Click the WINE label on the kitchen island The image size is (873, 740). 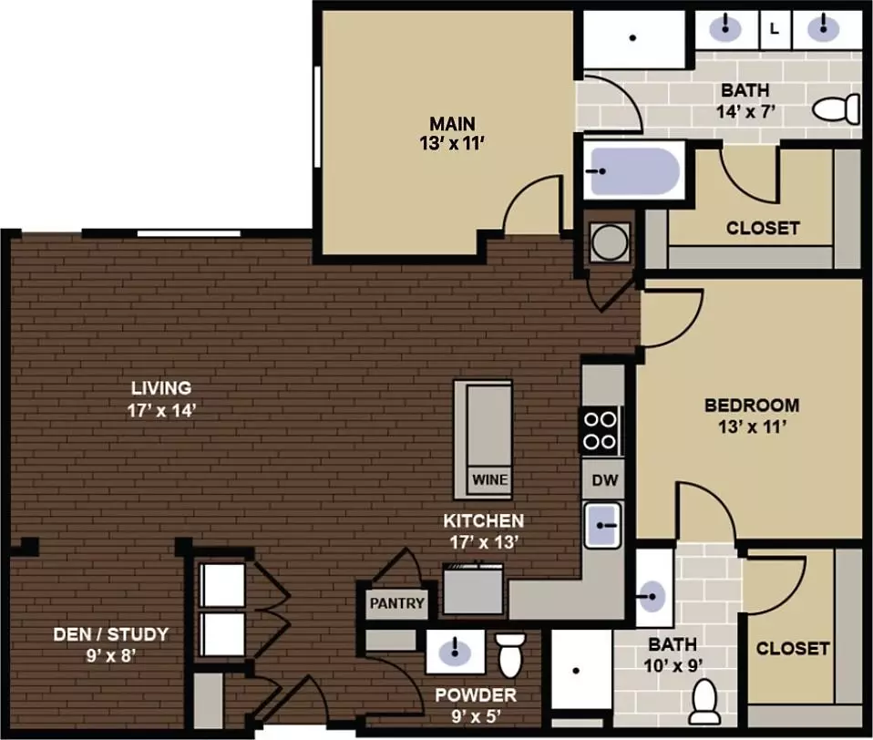[x=490, y=479]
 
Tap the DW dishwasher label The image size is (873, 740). [x=605, y=480]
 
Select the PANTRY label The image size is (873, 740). [x=397, y=603]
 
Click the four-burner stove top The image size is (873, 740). [x=601, y=430]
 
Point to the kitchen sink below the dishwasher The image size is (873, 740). [x=602, y=525]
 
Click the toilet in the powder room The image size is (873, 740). [x=511, y=655]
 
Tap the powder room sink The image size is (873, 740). [x=455, y=652]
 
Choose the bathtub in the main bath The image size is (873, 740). [x=634, y=171]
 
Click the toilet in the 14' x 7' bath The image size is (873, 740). [x=837, y=108]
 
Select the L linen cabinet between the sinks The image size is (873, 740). [x=775, y=29]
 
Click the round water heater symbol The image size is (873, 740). [x=610, y=242]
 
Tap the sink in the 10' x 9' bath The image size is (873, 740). [x=652, y=597]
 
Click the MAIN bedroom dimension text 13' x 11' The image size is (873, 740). [x=452, y=144]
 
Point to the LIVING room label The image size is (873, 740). [x=161, y=387]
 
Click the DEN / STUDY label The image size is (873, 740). [x=111, y=634]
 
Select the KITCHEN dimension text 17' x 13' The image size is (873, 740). [x=484, y=541]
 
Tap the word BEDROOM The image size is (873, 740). [x=752, y=405]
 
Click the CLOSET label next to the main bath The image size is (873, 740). [x=763, y=228]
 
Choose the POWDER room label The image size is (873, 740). [x=476, y=695]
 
